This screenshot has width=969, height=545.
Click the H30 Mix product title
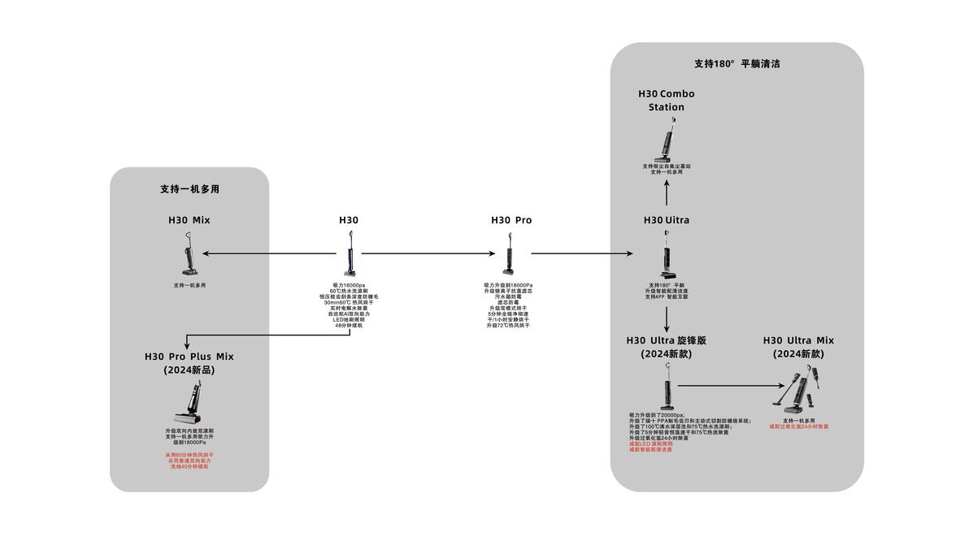point(189,220)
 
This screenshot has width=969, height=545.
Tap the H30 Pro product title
point(511,220)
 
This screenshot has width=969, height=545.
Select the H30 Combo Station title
point(666,100)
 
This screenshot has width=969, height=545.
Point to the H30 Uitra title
point(666,220)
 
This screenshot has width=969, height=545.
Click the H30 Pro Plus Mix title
point(189,362)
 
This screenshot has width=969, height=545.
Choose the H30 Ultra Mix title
point(798,347)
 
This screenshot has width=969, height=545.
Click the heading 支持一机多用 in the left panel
point(189,189)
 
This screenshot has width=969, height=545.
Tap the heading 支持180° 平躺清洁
point(737,63)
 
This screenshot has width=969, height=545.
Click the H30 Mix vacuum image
point(189,253)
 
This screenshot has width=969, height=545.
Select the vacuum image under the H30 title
point(350,254)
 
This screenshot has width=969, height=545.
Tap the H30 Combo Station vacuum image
point(667,141)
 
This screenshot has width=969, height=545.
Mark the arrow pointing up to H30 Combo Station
point(667,192)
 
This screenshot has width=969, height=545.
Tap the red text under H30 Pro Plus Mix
point(189,461)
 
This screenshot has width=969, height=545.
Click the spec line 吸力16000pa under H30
point(349,285)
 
